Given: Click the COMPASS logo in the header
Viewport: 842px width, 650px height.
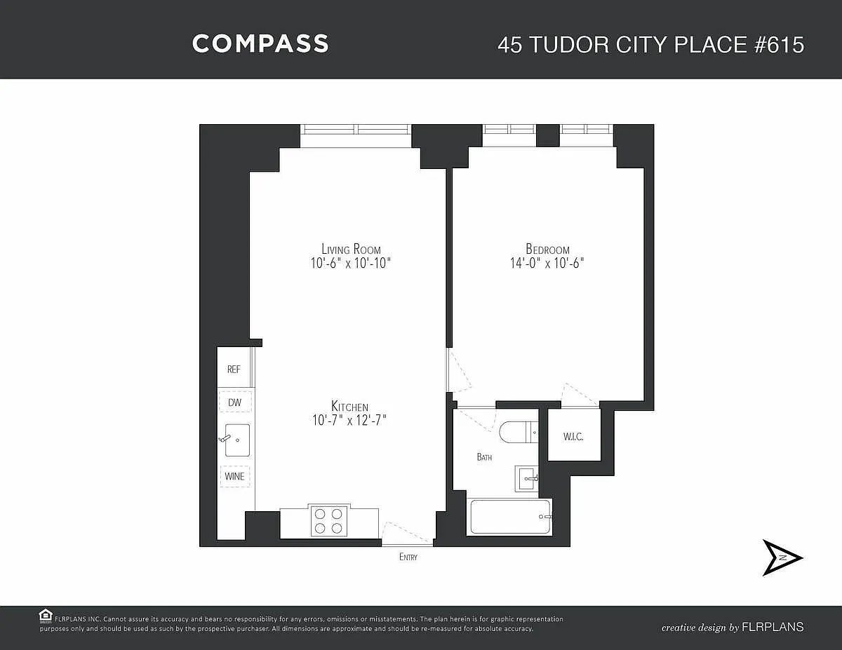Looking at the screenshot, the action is [x=260, y=43].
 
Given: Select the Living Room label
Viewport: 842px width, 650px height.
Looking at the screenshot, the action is [x=351, y=249].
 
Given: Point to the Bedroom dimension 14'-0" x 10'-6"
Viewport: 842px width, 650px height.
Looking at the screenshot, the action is [x=547, y=263].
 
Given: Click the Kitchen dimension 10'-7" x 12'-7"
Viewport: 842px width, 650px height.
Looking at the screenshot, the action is [x=350, y=420].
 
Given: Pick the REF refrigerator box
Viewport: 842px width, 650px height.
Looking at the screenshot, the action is [x=234, y=367].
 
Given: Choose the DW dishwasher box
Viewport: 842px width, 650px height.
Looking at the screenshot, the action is [x=235, y=402].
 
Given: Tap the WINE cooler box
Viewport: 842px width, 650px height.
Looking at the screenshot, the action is [x=235, y=476].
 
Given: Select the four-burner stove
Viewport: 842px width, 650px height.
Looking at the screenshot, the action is [x=328, y=521].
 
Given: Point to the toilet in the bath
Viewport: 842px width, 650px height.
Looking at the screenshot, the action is [x=519, y=432].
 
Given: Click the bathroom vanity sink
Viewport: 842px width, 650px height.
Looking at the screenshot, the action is [x=526, y=479].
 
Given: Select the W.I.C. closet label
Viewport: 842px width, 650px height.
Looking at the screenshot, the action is [x=573, y=437].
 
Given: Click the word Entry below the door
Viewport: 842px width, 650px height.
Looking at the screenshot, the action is [x=408, y=557].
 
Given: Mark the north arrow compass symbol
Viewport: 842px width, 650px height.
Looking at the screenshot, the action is [x=782, y=558].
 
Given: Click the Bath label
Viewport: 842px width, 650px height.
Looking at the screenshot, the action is [x=484, y=457].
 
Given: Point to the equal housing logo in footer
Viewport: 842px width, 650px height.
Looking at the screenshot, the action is [x=46, y=616].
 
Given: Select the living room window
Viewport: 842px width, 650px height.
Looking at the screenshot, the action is [x=356, y=129].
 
